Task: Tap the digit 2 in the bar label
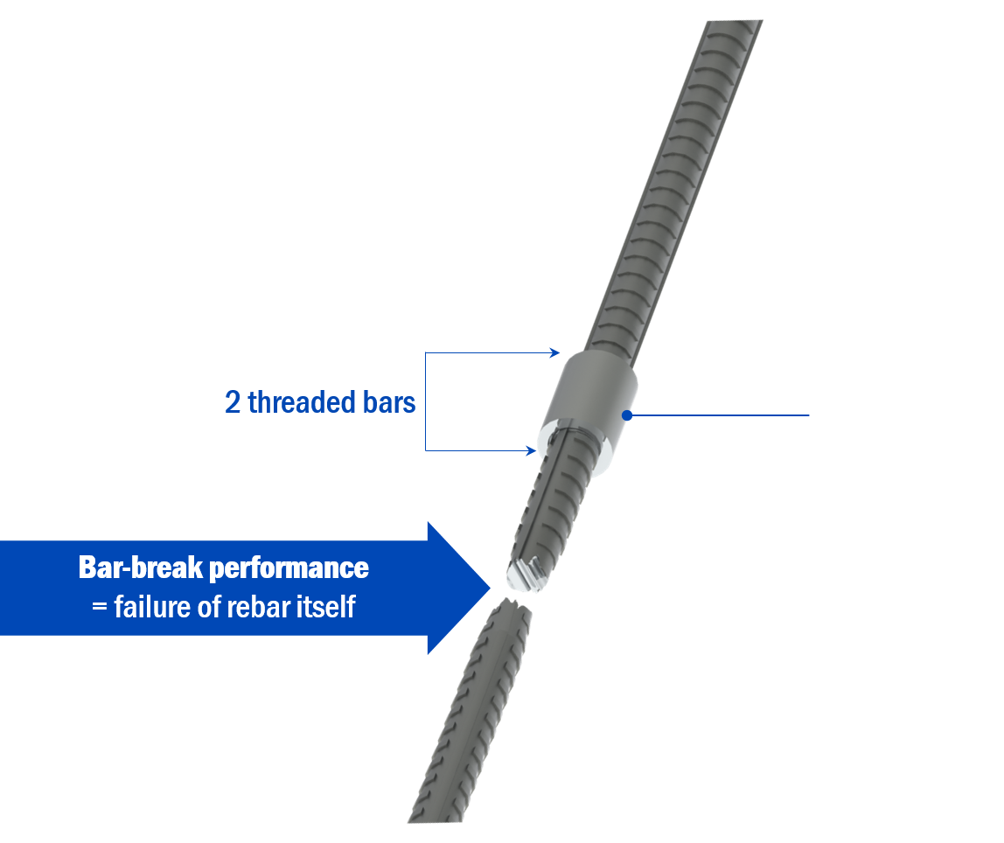(233, 402)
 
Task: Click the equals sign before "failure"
(98, 606)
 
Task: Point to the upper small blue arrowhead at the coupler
(555, 352)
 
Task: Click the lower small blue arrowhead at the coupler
(532, 450)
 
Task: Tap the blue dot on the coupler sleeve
(627, 415)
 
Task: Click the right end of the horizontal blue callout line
(810, 415)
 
